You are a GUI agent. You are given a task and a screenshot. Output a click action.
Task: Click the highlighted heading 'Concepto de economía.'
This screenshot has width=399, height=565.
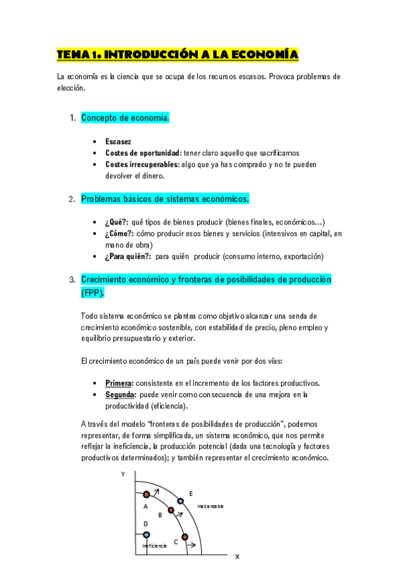pos(125,118)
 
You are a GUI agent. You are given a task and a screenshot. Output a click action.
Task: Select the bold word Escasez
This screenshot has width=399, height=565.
pos(118,141)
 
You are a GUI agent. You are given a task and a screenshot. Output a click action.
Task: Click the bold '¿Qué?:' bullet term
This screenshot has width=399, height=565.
pos(117,223)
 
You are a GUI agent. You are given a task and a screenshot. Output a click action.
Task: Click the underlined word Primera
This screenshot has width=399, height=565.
pos(119,383)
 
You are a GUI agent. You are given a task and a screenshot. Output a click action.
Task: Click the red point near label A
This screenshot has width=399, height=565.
pos(146,494)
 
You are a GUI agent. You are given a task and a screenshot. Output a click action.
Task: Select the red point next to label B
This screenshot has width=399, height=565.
pos(171,510)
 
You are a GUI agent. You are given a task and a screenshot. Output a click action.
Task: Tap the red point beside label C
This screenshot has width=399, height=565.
pos(186,533)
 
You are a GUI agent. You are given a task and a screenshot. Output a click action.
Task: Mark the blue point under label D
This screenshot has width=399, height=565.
pos(146,534)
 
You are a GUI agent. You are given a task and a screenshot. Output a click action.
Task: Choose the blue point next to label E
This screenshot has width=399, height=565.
pos(180,500)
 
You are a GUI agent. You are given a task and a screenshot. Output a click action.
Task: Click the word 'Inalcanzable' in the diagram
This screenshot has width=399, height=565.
pos(210,506)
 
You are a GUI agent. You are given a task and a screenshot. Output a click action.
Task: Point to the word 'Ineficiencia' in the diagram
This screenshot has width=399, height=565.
pos(155,546)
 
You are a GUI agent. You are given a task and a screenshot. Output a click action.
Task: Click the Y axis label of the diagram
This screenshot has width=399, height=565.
pos(123,474)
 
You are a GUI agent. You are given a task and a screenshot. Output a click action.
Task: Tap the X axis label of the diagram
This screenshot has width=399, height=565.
pos(236,556)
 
